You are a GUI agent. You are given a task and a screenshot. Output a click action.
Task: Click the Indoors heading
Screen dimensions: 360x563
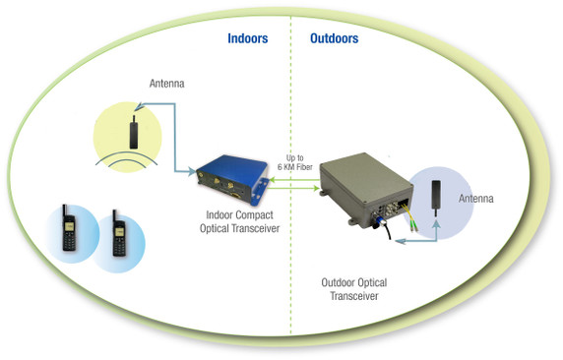249,39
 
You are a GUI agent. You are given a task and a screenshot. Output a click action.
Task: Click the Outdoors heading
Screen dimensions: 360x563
335,39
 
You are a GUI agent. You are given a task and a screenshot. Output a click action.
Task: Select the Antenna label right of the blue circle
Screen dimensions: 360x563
479,200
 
